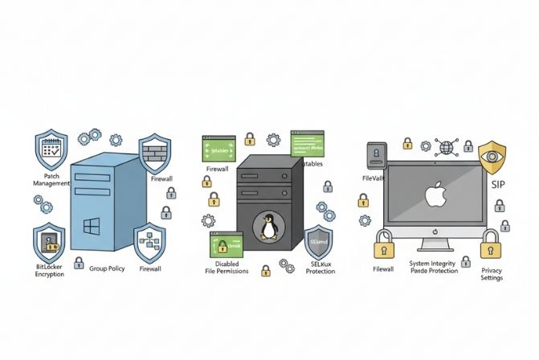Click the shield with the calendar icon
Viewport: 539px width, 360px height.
[51, 149]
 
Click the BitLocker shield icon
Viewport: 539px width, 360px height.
[50, 242]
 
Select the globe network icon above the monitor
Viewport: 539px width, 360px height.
[449, 145]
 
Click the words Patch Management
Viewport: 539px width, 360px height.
[51, 179]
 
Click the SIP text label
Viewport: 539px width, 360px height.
[499, 184]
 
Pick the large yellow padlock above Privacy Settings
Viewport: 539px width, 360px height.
[489, 246]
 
